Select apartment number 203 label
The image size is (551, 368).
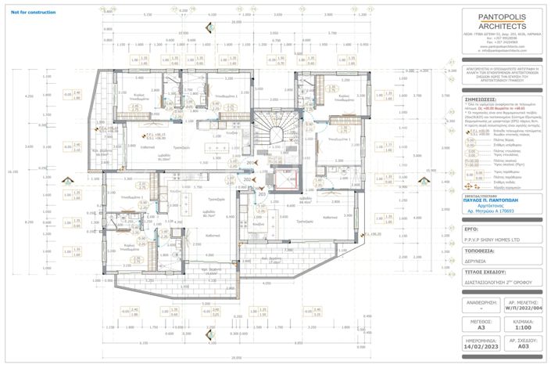(x=263, y=193)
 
